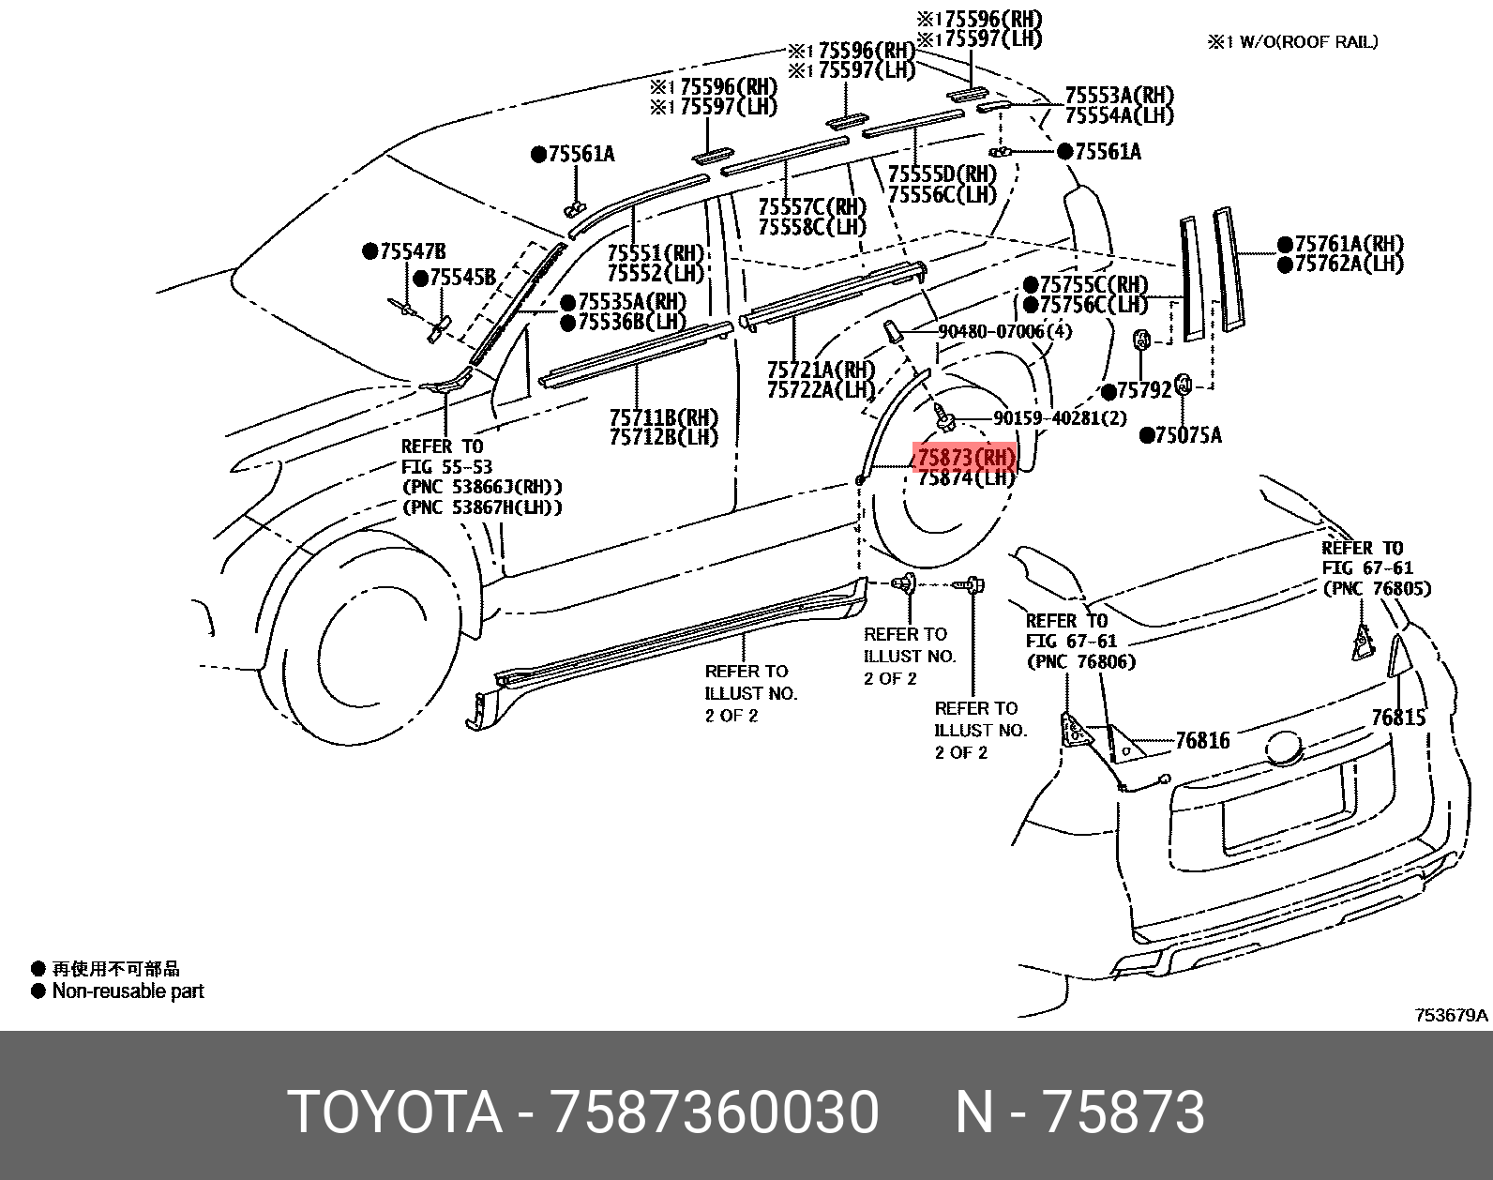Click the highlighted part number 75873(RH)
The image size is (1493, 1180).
coord(965,458)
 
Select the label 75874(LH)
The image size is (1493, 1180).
coord(965,478)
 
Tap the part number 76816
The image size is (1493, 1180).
coord(1202,741)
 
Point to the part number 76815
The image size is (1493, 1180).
coord(1397,718)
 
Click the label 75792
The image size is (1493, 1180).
coord(1144,390)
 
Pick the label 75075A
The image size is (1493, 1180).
coord(1188,434)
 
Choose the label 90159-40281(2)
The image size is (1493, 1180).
coord(1060,418)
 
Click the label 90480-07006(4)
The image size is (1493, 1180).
coord(1004,331)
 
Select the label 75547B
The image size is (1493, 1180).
coord(412,251)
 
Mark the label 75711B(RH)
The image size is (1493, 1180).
coord(664,417)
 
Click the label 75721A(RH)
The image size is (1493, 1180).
coord(821,371)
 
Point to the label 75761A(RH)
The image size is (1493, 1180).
coord(1349,245)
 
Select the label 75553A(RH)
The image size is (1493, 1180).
coord(1119,96)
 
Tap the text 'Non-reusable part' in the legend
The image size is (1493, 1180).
coord(128,991)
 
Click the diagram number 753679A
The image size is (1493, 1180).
coord(1451,1015)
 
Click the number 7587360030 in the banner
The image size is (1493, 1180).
coord(715,1112)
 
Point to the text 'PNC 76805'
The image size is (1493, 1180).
coord(1377,589)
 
